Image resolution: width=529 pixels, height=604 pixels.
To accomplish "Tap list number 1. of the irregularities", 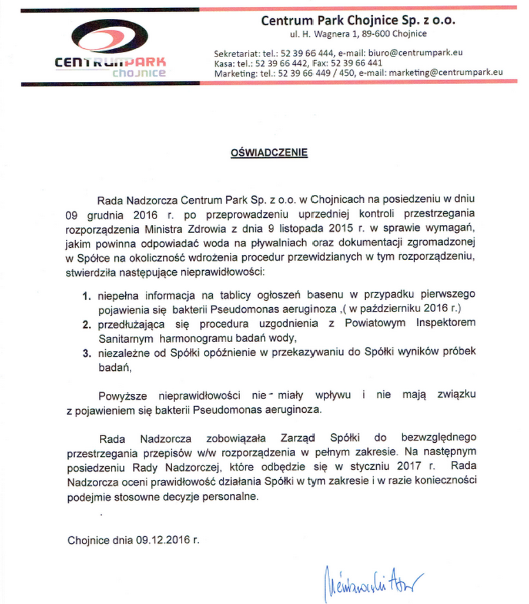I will pos(87,294).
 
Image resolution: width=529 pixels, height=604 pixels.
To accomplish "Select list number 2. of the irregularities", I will pos(87,324).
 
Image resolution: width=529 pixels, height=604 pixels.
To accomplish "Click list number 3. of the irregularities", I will pos(87,353).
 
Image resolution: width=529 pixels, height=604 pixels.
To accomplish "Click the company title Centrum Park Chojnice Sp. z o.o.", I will pos(358,21).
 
